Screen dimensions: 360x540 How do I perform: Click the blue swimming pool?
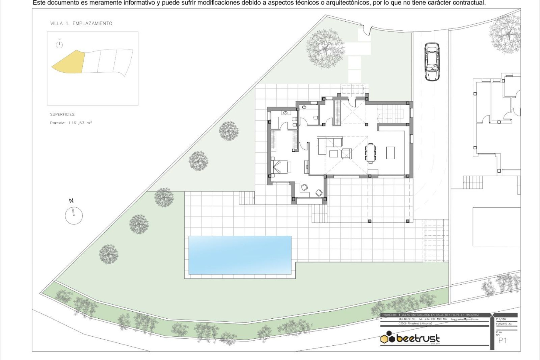pyautogui.click(x=240, y=255)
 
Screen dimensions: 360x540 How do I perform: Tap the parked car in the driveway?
pyautogui.click(x=432, y=62)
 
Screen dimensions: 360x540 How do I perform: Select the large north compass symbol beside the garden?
pyautogui.click(x=74, y=215)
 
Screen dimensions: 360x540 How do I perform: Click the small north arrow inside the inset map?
pyautogui.click(x=59, y=45)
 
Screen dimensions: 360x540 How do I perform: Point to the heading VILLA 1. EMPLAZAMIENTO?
pyautogui.click(x=81, y=23)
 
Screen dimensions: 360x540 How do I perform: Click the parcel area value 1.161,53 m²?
pyautogui.click(x=80, y=123)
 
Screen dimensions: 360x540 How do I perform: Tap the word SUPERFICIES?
pyautogui.click(x=63, y=114)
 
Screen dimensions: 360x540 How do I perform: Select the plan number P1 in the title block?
pyautogui.click(x=502, y=341)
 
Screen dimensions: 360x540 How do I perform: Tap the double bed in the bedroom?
pyautogui.click(x=281, y=167)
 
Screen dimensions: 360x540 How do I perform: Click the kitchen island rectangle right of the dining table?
pyautogui.click(x=390, y=153)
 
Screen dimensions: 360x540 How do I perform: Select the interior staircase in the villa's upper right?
pyautogui.click(x=390, y=113)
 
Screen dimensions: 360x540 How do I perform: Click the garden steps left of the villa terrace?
pyautogui.click(x=247, y=198)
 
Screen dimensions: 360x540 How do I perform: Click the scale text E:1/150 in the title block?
pyautogui.click(x=501, y=319)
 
